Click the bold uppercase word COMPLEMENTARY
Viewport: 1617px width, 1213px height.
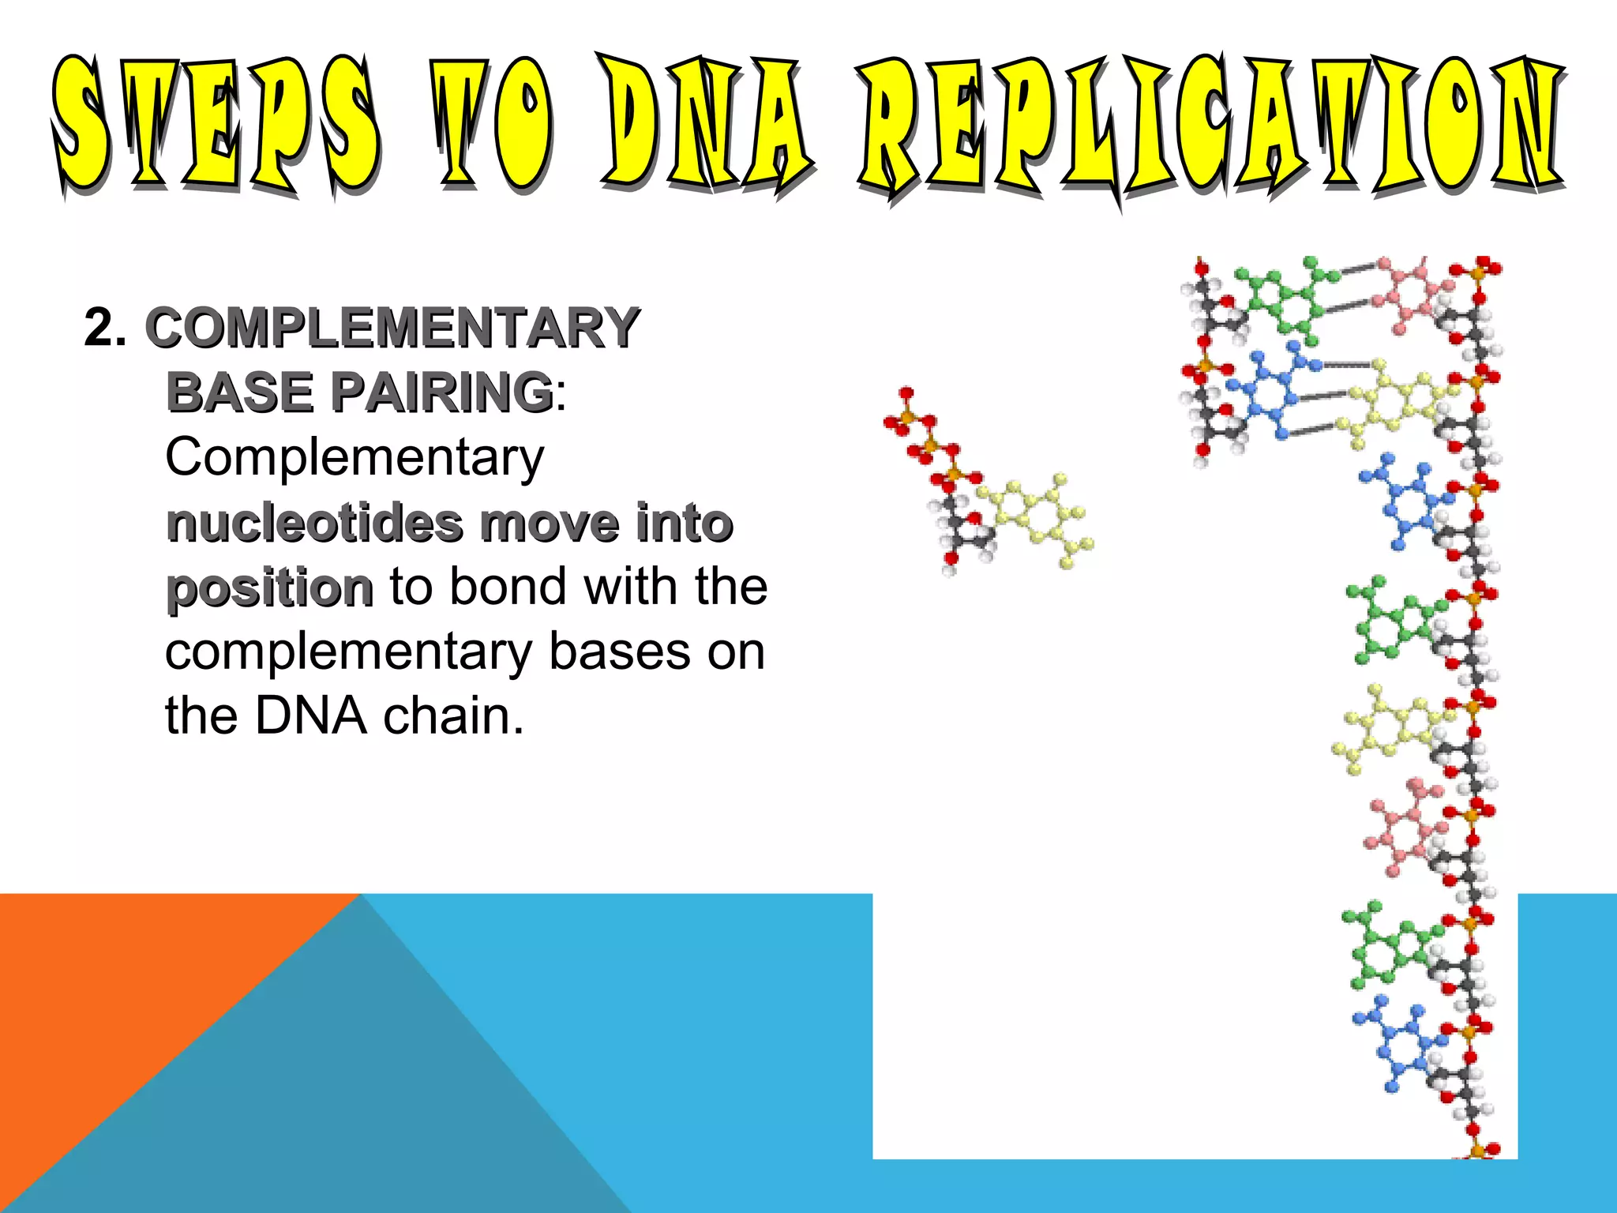[392, 329]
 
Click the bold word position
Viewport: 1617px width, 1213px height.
[268, 589]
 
